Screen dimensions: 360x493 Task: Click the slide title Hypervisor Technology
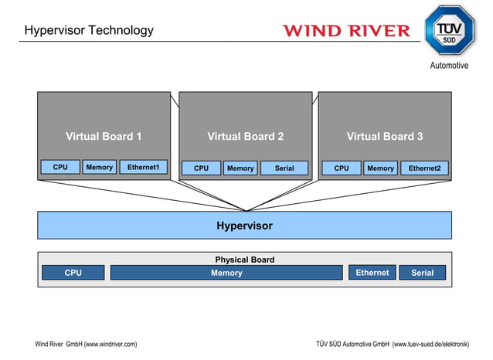tap(89, 31)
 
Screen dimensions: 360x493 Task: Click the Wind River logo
tap(346, 31)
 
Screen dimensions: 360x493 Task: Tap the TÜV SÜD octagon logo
tap(448, 30)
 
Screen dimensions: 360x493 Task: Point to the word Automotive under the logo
tap(449, 66)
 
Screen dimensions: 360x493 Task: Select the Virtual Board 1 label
tap(104, 137)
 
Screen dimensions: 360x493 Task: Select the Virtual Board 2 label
tap(246, 137)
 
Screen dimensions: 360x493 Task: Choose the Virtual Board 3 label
tap(385, 137)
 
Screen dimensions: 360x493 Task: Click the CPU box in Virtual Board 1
tap(60, 168)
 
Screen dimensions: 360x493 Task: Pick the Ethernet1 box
tap(144, 168)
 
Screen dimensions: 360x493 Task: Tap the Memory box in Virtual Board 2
tap(240, 168)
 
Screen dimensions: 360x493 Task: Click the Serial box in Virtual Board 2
tap(284, 168)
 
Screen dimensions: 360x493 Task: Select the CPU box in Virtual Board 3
tap(342, 168)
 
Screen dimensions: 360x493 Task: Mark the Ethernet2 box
tap(424, 168)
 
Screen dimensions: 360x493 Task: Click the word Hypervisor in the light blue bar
tap(244, 226)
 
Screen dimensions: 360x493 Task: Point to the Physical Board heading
tap(244, 260)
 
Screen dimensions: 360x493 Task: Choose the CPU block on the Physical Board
tap(73, 273)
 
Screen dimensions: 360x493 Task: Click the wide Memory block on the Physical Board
tap(226, 273)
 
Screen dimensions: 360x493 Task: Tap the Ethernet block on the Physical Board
tap(372, 273)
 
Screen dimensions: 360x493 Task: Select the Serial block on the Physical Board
tap(423, 273)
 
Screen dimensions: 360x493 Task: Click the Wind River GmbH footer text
tap(86, 344)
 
